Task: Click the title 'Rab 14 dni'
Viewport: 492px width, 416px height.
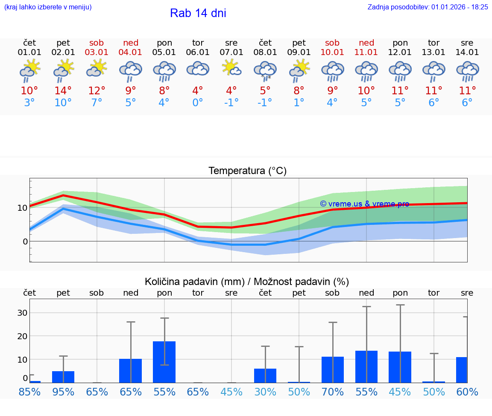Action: click(198, 13)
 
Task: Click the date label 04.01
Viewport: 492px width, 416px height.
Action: click(131, 52)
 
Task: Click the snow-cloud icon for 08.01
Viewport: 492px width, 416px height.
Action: click(265, 70)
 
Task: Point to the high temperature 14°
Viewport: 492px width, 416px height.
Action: click(63, 91)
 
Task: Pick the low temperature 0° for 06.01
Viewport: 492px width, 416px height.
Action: click(198, 103)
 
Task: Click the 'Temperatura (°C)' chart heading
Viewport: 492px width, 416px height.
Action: click(247, 171)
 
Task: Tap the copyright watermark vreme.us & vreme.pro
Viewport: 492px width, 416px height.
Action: click(365, 204)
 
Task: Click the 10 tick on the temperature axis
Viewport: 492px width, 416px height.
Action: click(22, 208)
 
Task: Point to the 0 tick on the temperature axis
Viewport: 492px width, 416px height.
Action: click(25, 241)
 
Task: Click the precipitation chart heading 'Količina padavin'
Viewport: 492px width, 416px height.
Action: click(247, 282)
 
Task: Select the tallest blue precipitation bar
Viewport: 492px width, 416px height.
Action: click(164, 362)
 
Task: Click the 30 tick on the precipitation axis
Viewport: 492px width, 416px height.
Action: click(22, 313)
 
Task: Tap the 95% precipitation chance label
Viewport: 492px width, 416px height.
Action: click(63, 392)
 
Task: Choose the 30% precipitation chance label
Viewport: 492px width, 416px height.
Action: click(265, 392)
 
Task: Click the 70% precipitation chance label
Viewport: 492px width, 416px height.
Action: click(332, 392)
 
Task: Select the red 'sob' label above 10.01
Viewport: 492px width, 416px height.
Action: click(332, 43)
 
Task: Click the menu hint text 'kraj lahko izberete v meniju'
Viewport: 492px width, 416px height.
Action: click(48, 7)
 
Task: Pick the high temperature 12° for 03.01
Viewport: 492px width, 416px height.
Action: click(97, 91)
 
